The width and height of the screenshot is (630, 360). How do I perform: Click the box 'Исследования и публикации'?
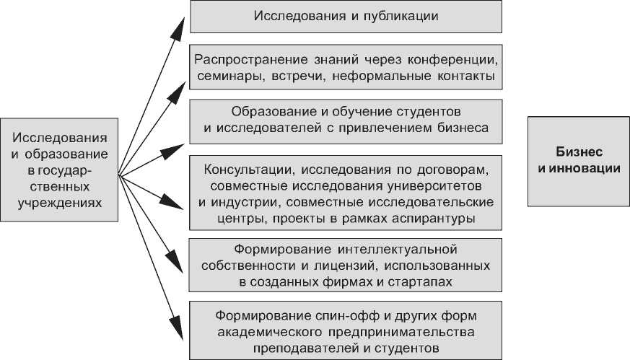tap(346, 16)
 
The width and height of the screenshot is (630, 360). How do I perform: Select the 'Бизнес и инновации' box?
tap(578, 160)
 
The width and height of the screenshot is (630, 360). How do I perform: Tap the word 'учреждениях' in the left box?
tap(59, 202)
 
